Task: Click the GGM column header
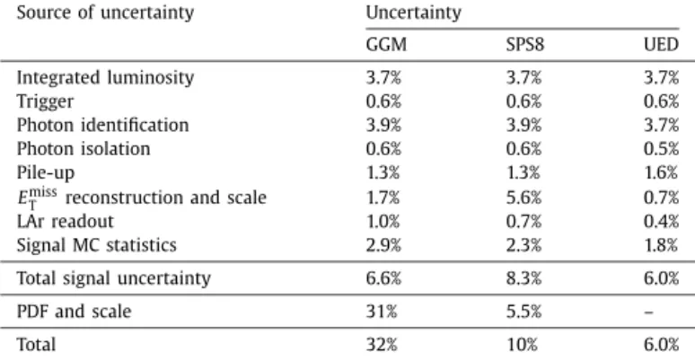coord(386,45)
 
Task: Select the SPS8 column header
coord(525,45)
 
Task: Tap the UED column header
coord(661,45)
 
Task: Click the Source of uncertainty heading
coord(105,13)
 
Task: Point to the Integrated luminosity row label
coord(105,78)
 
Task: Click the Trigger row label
coord(45,101)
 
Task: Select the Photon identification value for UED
coord(661,125)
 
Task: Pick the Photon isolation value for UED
coord(661,148)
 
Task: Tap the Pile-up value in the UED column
coord(661,172)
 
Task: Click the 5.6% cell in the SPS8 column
coord(523,198)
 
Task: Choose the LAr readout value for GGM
coord(383,221)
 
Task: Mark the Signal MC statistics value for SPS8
coord(523,245)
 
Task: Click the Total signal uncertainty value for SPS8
coord(523,278)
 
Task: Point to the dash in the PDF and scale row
coord(648,312)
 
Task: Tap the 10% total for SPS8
coord(522,345)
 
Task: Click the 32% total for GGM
coord(382,345)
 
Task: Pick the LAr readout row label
coord(66,221)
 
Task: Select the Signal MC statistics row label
coord(97,245)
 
